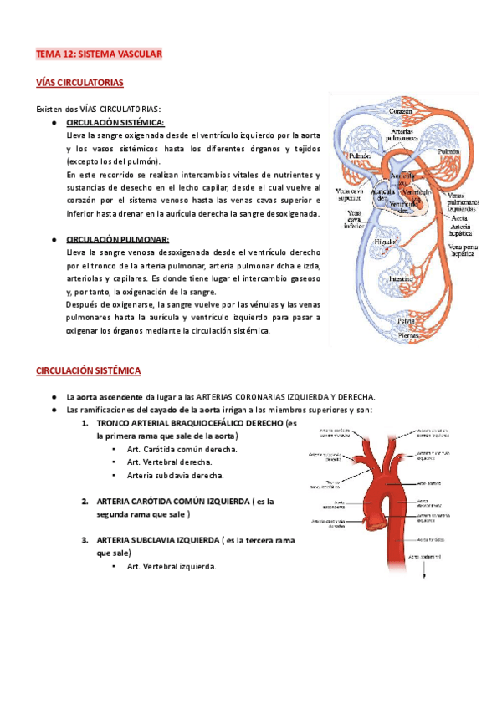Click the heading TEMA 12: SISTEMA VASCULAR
(x=98, y=54)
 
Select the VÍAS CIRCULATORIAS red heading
(x=79, y=83)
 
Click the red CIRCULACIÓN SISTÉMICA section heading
(x=88, y=370)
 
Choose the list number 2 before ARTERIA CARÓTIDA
(x=85, y=501)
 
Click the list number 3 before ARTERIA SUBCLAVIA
(x=85, y=540)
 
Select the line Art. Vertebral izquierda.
(x=172, y=566)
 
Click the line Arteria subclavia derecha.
(x=175, y=475)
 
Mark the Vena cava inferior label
(x=344, y=219)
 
